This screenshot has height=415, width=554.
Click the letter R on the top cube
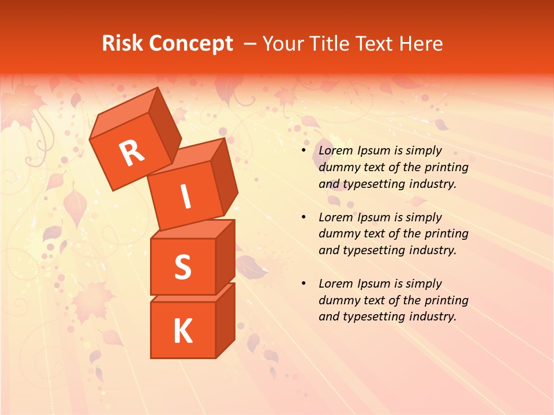click(132, 153)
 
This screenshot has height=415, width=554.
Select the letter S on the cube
click(182, 267)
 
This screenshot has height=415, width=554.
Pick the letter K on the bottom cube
click(182, 331)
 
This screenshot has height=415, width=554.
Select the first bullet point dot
click(304, 150)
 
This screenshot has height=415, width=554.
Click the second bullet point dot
click(304, 217)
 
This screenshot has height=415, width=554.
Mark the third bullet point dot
click(304, 284)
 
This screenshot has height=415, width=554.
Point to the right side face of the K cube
click(225, 320)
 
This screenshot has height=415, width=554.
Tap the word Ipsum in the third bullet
click(375, 284)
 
